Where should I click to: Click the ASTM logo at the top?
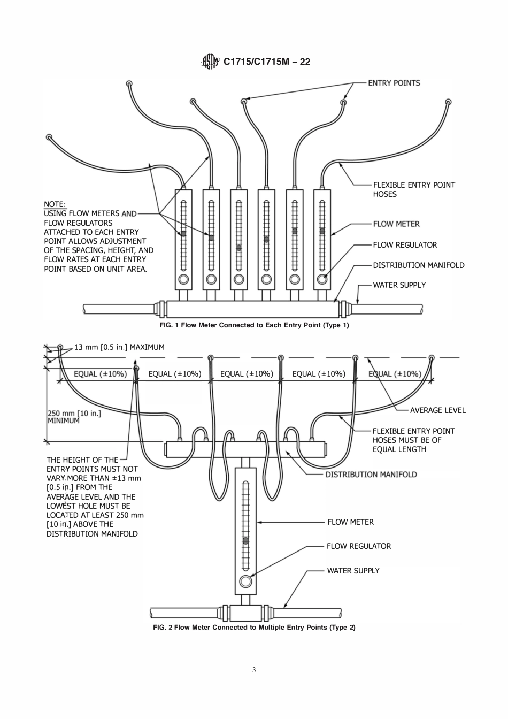210,62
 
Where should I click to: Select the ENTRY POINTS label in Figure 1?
394,83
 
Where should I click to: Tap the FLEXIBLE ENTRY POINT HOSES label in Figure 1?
414,189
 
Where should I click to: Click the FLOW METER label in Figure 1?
396,224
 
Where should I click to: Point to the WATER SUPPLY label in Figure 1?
399,285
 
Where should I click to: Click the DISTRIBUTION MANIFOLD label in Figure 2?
371,475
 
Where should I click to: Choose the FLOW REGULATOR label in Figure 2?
359,546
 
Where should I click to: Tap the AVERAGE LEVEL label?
437,410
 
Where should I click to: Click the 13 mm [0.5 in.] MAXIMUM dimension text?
119,347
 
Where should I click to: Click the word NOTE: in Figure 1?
55,204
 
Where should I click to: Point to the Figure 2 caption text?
254,627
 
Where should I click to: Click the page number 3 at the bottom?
254,670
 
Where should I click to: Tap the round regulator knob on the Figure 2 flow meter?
245,582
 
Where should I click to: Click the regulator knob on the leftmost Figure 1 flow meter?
183,279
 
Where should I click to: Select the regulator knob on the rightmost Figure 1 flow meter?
322,279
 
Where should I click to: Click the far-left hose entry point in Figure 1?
49,137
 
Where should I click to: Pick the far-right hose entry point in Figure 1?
448,101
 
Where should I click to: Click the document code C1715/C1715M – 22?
266,62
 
